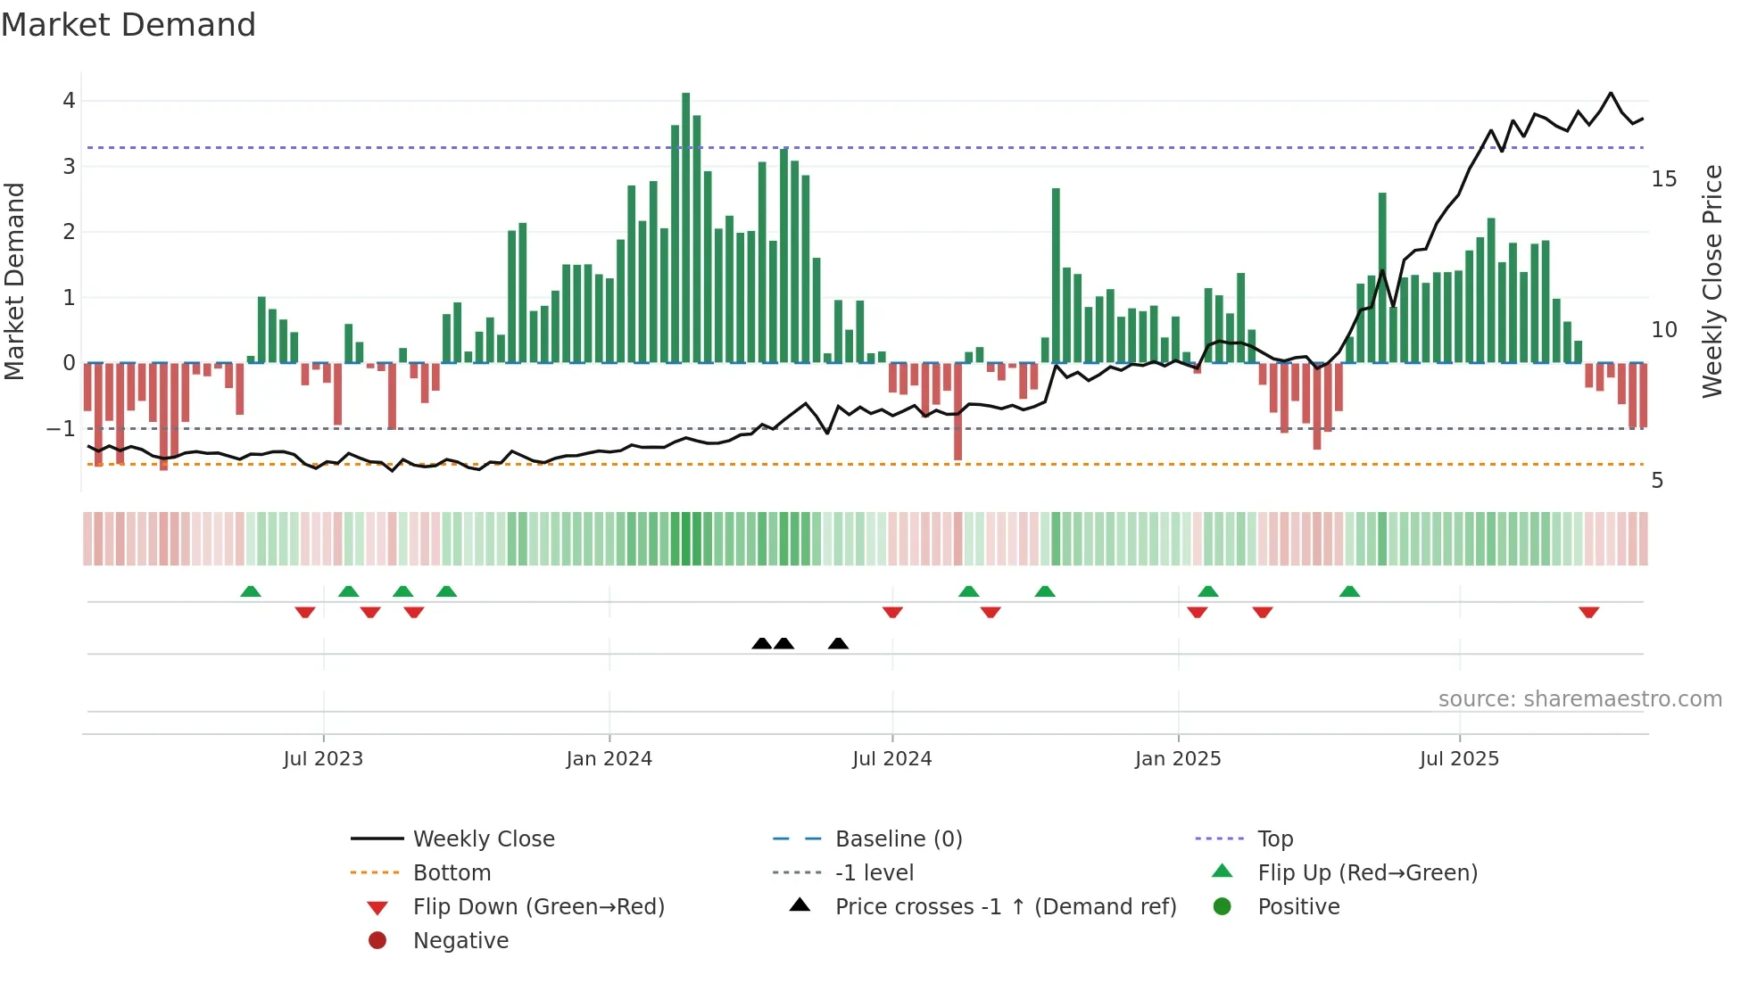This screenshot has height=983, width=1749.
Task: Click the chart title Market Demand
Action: pos(128,25)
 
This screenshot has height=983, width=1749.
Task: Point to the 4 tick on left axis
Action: pos(69,101)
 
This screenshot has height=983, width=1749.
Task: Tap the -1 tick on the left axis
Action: pos(61,429)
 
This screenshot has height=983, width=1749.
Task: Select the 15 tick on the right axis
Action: pos(1663,179)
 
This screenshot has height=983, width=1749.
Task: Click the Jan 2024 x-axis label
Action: pos(609,759)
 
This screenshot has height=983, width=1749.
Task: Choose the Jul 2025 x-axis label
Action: pos(1459,759)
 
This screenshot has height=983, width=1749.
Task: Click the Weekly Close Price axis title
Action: pos(1712,281)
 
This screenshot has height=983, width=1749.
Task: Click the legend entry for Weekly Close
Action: pos(483,839)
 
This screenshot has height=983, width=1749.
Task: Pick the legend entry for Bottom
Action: pos(452,873)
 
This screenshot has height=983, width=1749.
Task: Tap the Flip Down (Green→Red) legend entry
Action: pos(538,907)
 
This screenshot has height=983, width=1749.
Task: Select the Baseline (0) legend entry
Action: pos(898,839)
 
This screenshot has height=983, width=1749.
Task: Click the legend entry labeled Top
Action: pos(1275,839)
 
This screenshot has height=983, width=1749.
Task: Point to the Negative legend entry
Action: pos(460,941)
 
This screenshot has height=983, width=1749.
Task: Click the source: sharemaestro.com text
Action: pos(1579,699)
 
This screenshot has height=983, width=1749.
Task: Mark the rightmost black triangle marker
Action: pos(838,643)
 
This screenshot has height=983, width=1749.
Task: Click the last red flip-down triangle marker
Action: pos(1588,612)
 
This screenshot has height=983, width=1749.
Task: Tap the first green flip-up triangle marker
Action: pos(251,591)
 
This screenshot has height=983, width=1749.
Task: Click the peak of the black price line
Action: pos(1611,93)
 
